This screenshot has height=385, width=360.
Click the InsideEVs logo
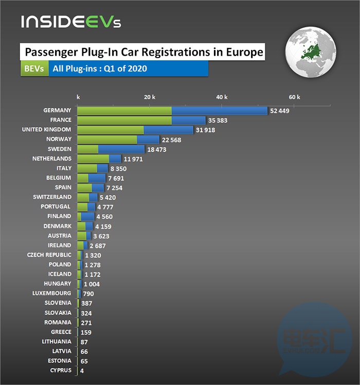[71, 23]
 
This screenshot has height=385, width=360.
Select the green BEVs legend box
[34, 68]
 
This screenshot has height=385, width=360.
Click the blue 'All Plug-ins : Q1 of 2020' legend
[128, 68]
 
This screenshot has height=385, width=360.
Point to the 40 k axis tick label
[222, 97]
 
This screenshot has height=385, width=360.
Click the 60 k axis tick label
[294, 97]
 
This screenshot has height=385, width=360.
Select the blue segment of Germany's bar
[220, 111]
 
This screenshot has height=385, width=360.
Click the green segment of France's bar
[124, 120]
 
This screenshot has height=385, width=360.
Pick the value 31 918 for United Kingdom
[205, 130]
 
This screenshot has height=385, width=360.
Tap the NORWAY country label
[59, 139]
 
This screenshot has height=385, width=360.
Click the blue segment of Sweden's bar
[121, 149]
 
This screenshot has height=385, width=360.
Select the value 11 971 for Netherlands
[133, 159]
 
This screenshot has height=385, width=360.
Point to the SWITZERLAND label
[52, 197]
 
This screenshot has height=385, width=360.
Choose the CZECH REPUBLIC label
[49, 255]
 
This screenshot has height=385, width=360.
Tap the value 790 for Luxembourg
[88, 293]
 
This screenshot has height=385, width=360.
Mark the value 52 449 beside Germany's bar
[280, 111]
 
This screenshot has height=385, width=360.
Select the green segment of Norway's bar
[107, 139]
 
